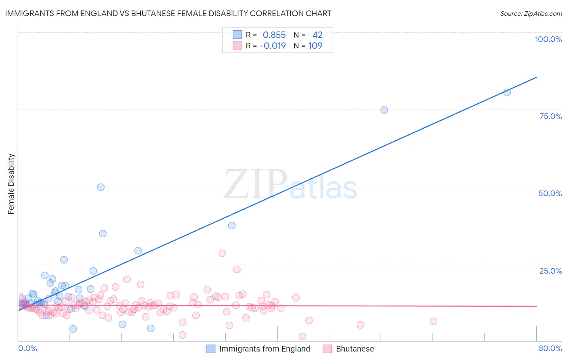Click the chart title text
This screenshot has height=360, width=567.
pyautogui.click(x=168, y=13)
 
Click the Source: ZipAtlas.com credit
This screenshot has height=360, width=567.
pyautogui.click(x=531, y=14)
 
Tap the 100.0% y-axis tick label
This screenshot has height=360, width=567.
pyautogui.click(x=548, y=39)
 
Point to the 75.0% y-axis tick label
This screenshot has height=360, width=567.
pyautogui.click(x=550, y=116)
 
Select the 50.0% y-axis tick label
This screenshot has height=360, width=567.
pyautogui.click(x=550, y=193)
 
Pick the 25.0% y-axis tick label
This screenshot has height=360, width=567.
pyautogui.click(x=550, y=271)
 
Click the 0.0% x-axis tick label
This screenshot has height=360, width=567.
pyautogui.click(x=27, y=348)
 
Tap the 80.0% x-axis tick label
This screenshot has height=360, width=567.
pyautogui.click(x=550, y=348)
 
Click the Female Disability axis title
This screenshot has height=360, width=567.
pyautogui.click(x=11, y=184)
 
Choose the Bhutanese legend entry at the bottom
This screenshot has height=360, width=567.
pyautogui.click(x=354, y=349)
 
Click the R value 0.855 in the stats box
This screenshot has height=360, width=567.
pyautogui.click(x=274, y=35)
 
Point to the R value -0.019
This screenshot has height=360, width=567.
pyautogui.click(x=273, y=46)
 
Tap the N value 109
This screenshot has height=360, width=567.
pyautogui.click(x=315, y=46)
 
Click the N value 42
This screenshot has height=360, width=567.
pyautogui.click(x=317, y=35)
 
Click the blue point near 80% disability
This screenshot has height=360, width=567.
pyautogui.click(x=507, y=92)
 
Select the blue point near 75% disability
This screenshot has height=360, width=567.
pyautogui.click(x=384, y=110)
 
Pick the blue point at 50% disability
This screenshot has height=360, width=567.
pyautogui.click(x=101, y=187)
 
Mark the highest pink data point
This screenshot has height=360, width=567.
pyautogui.click(x=222, y=253)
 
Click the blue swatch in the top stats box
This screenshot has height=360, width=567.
pyautogui.click(x=237, y=35)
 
